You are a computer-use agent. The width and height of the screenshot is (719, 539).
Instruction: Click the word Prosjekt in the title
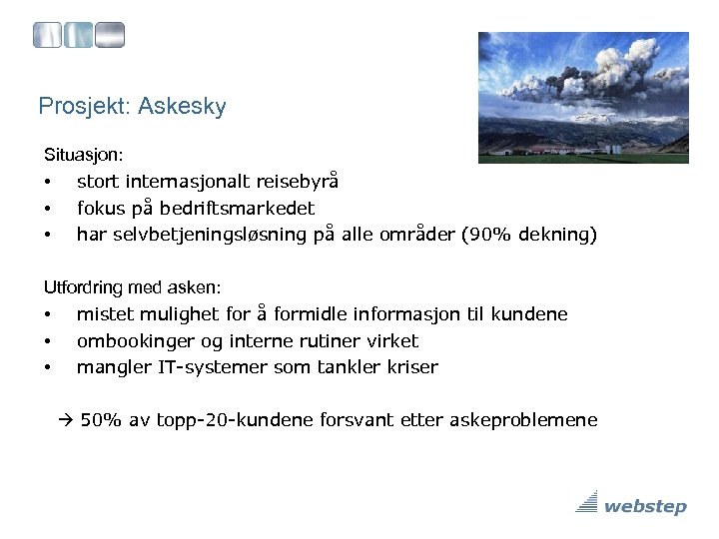pyautogui.click(x=80, y=106)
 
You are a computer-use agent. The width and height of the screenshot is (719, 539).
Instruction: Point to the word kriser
pyautogui.click(x=410, y=367)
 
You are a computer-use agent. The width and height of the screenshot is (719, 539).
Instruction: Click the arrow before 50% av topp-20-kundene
pyautogui.click(x=66, y=420)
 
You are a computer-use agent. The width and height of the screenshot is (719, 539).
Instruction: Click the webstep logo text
pyautogui.click(x=645, y=506)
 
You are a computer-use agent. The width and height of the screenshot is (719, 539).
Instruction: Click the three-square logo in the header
pyautogui.click(x=79, y=36)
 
